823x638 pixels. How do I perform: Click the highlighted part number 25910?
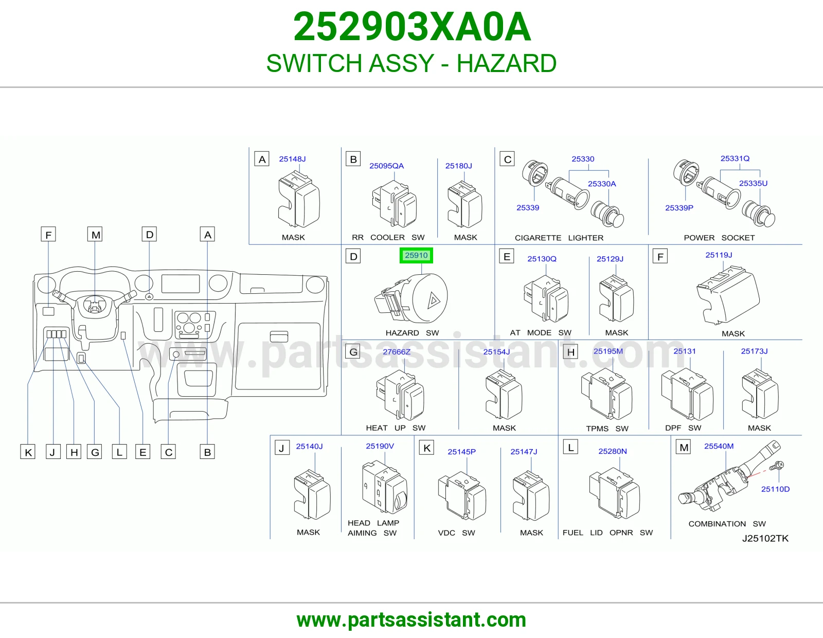[416, 255]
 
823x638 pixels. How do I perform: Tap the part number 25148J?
[292, 159]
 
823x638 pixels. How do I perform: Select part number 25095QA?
[386, 166]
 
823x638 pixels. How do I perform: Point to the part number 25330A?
[602, 184]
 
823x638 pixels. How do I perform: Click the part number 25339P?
[679, 208]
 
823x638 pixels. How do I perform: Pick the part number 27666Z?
[397, 352]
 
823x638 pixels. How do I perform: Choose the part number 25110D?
[775, 489]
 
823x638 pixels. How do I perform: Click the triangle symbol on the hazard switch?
[434, 301]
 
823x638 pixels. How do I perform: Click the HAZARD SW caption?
[412, 333]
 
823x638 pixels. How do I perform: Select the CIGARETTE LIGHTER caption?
[559, 238]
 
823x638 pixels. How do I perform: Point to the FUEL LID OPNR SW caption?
[607, 533]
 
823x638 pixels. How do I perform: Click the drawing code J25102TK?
[765, 538]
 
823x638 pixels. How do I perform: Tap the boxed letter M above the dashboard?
[96, 235]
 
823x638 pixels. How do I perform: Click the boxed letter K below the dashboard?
[28, 452]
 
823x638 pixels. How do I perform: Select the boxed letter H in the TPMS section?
[571, 352]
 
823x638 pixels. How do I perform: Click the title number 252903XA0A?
[412, 27]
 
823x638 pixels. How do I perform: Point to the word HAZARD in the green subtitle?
[506, 63]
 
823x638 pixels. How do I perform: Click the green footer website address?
[411, 620]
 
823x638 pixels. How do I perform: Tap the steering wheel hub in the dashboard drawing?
[94, 306]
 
